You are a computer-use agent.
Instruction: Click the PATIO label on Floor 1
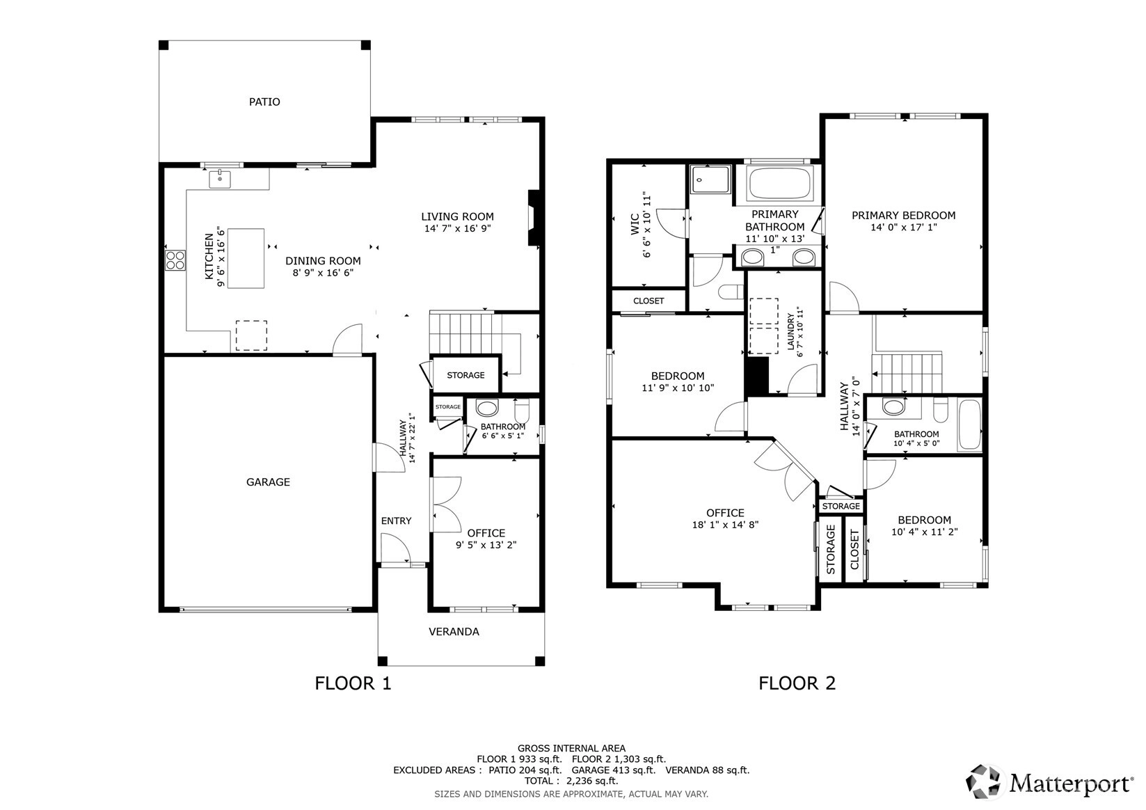tap(264, 102)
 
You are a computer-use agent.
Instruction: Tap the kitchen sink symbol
tap(219, 179)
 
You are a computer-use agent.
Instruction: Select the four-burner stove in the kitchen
tap(175, 260)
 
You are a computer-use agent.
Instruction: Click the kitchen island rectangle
tap(246, 258)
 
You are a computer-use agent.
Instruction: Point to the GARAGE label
tap(268, 482)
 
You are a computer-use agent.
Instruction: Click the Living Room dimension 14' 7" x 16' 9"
tap(457, 229)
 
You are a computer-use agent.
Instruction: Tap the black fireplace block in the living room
tap(534, 219)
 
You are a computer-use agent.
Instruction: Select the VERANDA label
tap(454, 632)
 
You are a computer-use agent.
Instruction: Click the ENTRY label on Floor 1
tap(396, 521)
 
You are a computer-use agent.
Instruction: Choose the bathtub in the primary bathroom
tap(780, 184)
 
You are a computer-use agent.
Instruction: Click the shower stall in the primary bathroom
tap(710, 179)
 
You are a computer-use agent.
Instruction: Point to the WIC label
tap(635, 224)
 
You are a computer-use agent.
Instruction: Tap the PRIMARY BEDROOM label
tap(903, 216)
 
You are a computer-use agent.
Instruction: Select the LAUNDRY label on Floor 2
tap(791, 331)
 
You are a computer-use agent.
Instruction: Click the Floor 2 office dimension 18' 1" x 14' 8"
tap(725, 525)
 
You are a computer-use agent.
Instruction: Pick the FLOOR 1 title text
tap(353, 683)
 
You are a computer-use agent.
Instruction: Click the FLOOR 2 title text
tap(797, 683)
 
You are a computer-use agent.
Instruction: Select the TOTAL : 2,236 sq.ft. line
tap(571, 781)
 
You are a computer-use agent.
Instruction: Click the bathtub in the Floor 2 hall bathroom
tap(970, 424)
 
